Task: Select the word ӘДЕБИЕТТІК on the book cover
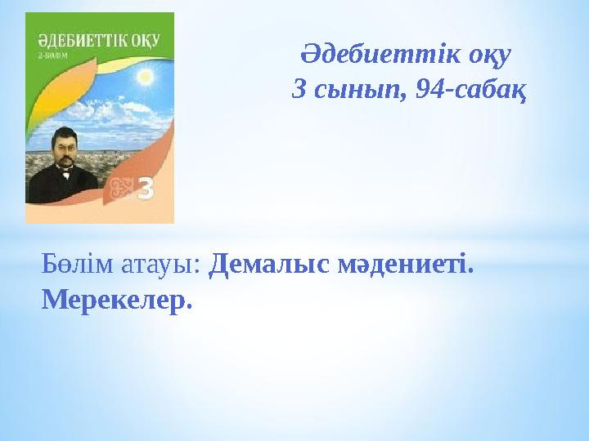pos(70,41)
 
